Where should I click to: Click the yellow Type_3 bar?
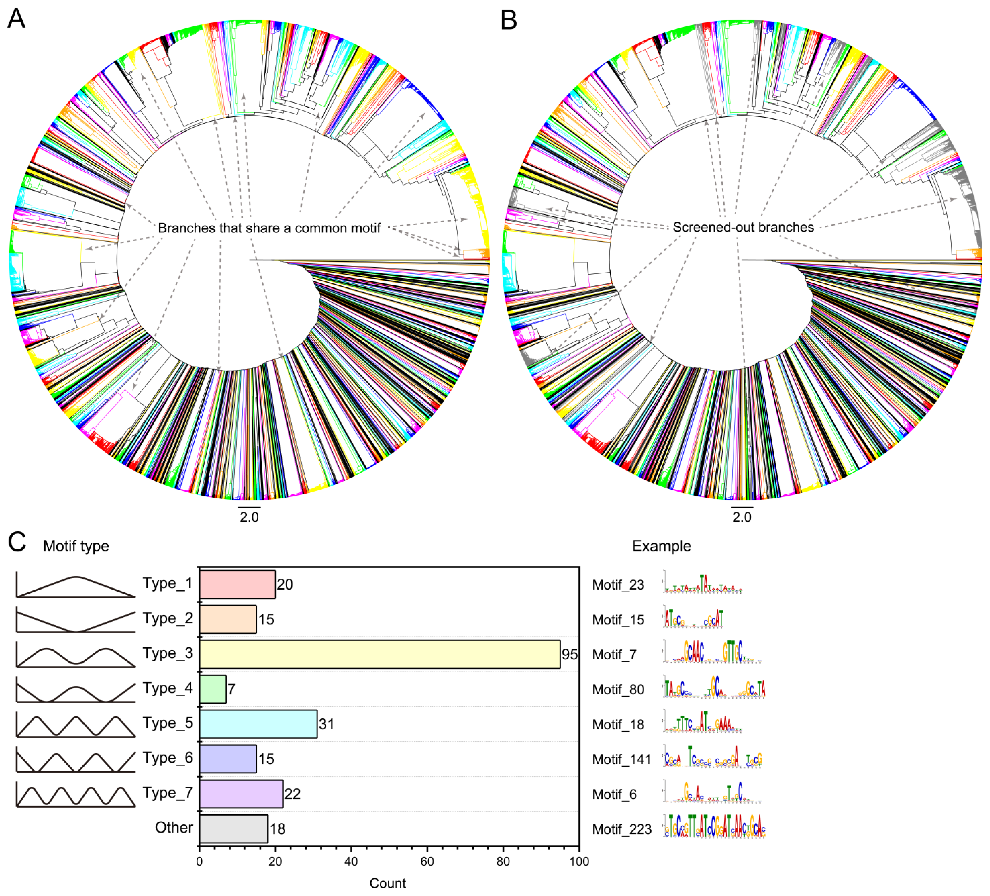point(380,654)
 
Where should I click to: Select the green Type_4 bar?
point(213,689)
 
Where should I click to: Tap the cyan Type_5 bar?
point(258,724)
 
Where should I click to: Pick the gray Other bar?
point(234,829)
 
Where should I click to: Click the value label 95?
point(570,654)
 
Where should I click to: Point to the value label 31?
point(327,724)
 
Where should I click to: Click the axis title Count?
point(387,883)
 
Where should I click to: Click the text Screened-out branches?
point(743,227)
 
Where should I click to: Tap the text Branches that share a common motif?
point(269,228)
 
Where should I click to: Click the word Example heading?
point(661,546)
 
